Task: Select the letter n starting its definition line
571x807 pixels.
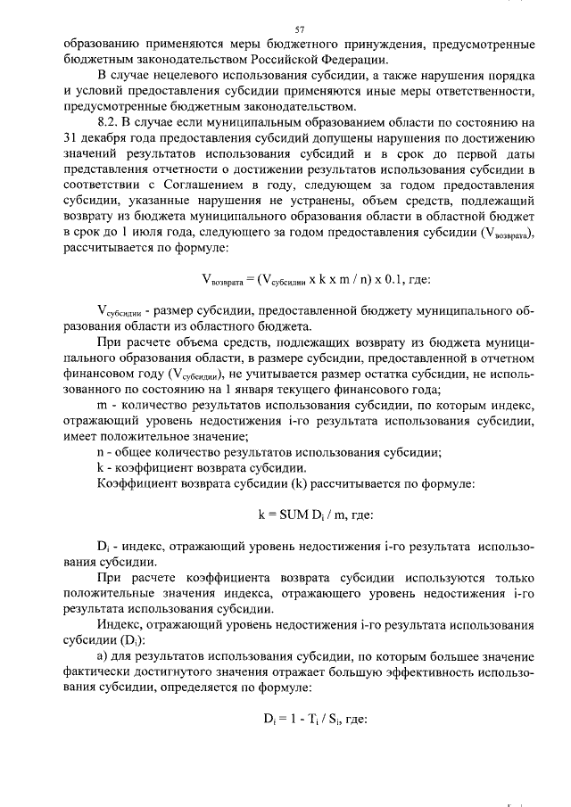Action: [100, 453]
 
